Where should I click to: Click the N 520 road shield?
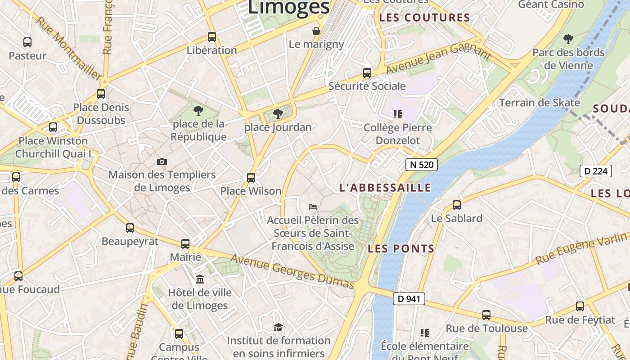[421, 165]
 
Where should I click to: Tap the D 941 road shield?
[409, 298]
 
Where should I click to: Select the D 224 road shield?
[595, 171]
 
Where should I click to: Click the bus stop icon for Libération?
[211, 37]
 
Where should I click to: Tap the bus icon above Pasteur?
[27, 42]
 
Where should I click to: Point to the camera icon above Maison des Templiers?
[162, 162]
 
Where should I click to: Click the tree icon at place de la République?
[198, 110]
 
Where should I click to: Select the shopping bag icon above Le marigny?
[317, 31]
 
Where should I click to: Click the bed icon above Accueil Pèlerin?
[313, 207]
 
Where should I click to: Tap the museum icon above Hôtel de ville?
[200, 279]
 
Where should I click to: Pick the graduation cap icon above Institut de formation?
[278, 327]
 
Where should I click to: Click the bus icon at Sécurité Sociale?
[367, 72]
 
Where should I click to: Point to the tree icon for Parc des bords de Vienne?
[568, 39]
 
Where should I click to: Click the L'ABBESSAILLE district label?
[385, 188]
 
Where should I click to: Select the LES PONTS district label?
[401, 248]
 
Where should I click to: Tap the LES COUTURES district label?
[424, 18]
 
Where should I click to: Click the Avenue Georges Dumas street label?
[292, 271]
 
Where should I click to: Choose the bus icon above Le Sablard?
[457, 205]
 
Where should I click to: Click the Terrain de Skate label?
[540, 103]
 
